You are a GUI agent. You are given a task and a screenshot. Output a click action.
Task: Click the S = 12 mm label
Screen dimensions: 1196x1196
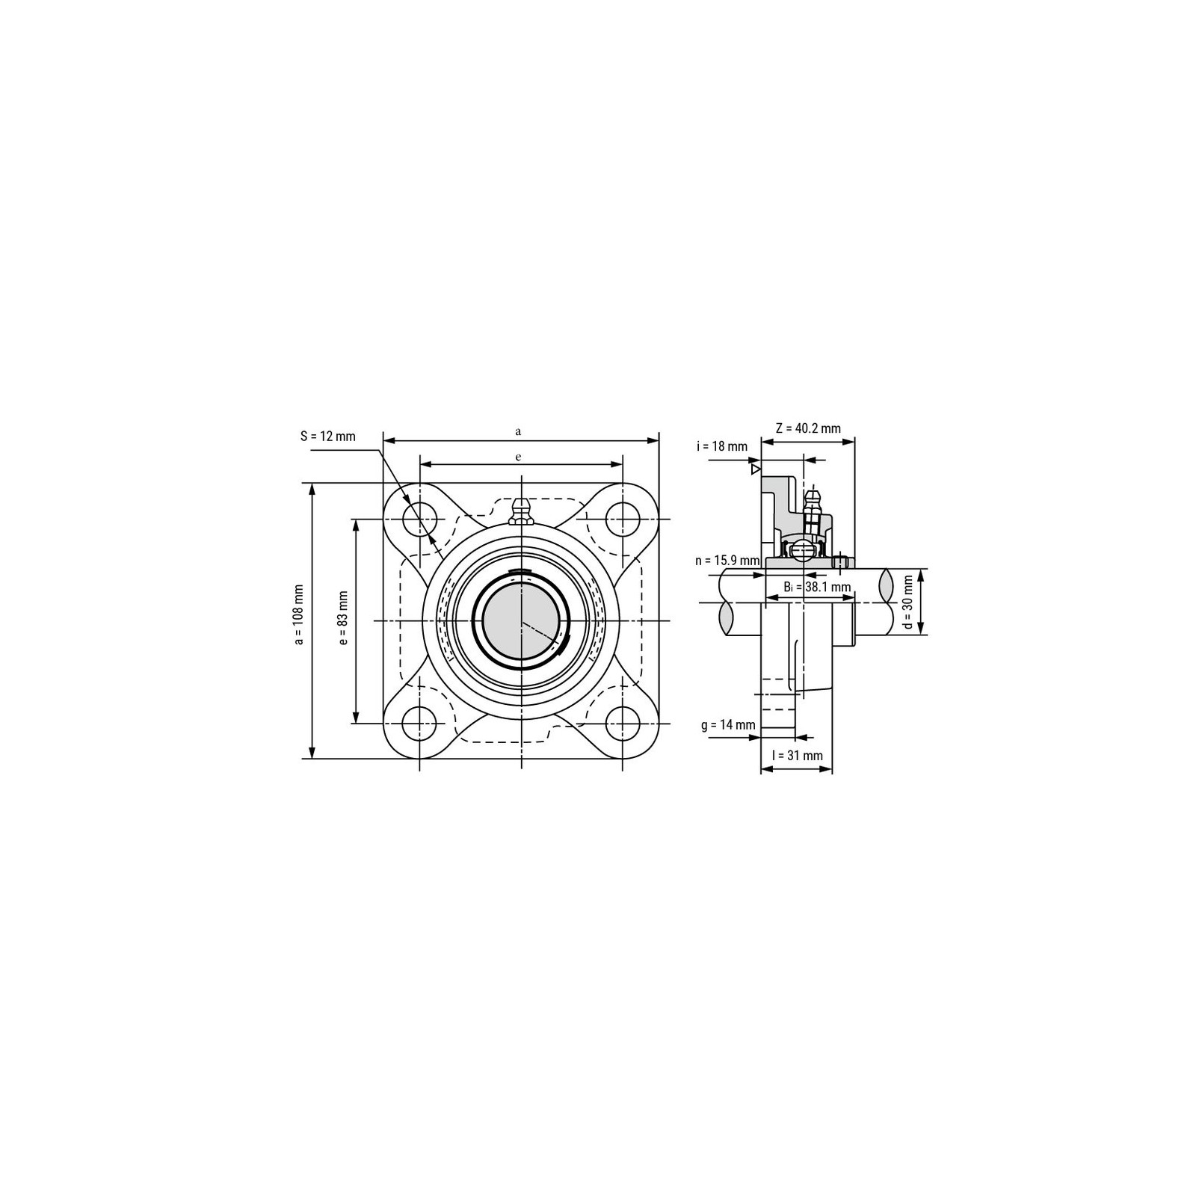click(x=328, y=437)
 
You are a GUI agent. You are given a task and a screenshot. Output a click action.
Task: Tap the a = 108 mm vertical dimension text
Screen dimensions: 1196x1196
click(x=299, y=614)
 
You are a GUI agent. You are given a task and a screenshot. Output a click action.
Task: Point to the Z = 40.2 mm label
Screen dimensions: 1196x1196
click(x=808, y=428)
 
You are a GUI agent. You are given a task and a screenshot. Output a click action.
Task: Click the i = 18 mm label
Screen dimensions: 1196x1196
click(x=721, y=447)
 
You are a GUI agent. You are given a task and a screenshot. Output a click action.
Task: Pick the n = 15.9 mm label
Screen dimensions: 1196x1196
click(x=727, y=560)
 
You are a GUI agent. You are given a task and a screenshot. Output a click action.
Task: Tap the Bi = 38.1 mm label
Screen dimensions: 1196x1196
click(x=817, y=587)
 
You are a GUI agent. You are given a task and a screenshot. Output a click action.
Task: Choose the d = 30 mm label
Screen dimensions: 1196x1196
click(x=908, y=602)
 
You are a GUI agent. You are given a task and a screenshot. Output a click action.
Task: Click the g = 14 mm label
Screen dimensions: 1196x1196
click(x=728, y=725)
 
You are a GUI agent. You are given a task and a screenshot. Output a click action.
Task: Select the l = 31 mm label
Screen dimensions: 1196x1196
click(x=798, y=756)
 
